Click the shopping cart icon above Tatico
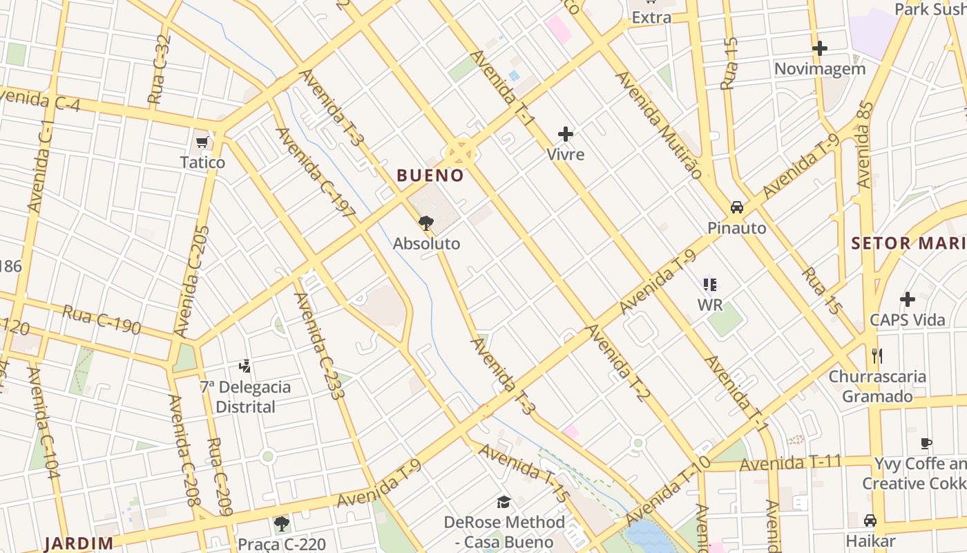[202, 142]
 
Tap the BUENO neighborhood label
[430, 176]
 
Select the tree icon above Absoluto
[426, 223]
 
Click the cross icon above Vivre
[566, 134]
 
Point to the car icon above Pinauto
[737, 207]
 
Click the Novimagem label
[819, 69]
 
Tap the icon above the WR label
[709, 284]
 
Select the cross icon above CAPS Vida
[908, 299]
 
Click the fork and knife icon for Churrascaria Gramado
[877, 356]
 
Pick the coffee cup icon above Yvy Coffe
[926, 443]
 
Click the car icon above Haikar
[870, 520]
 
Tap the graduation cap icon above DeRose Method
[504, 502]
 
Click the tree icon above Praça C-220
[281, 523]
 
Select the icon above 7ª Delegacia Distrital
[245, 366]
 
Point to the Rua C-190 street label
[102, 319]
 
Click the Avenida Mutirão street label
[658, 124]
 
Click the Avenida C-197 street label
[315, 173]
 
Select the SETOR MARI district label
[908, 243]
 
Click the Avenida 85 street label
[865, 145]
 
